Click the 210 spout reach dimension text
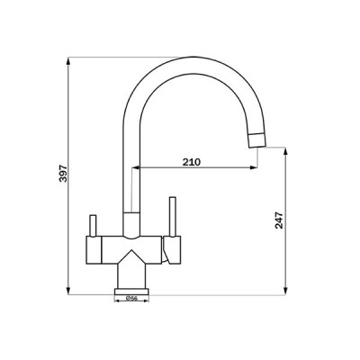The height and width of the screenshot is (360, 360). click(190, 161)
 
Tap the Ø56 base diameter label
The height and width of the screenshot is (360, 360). click(130, 299)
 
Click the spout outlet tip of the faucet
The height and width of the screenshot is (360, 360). click(259, 138)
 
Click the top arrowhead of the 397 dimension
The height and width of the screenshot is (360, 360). click(69, 62)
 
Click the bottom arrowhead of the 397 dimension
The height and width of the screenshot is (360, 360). click(69, 290)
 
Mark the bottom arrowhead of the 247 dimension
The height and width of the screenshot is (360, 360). click(285, 290)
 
